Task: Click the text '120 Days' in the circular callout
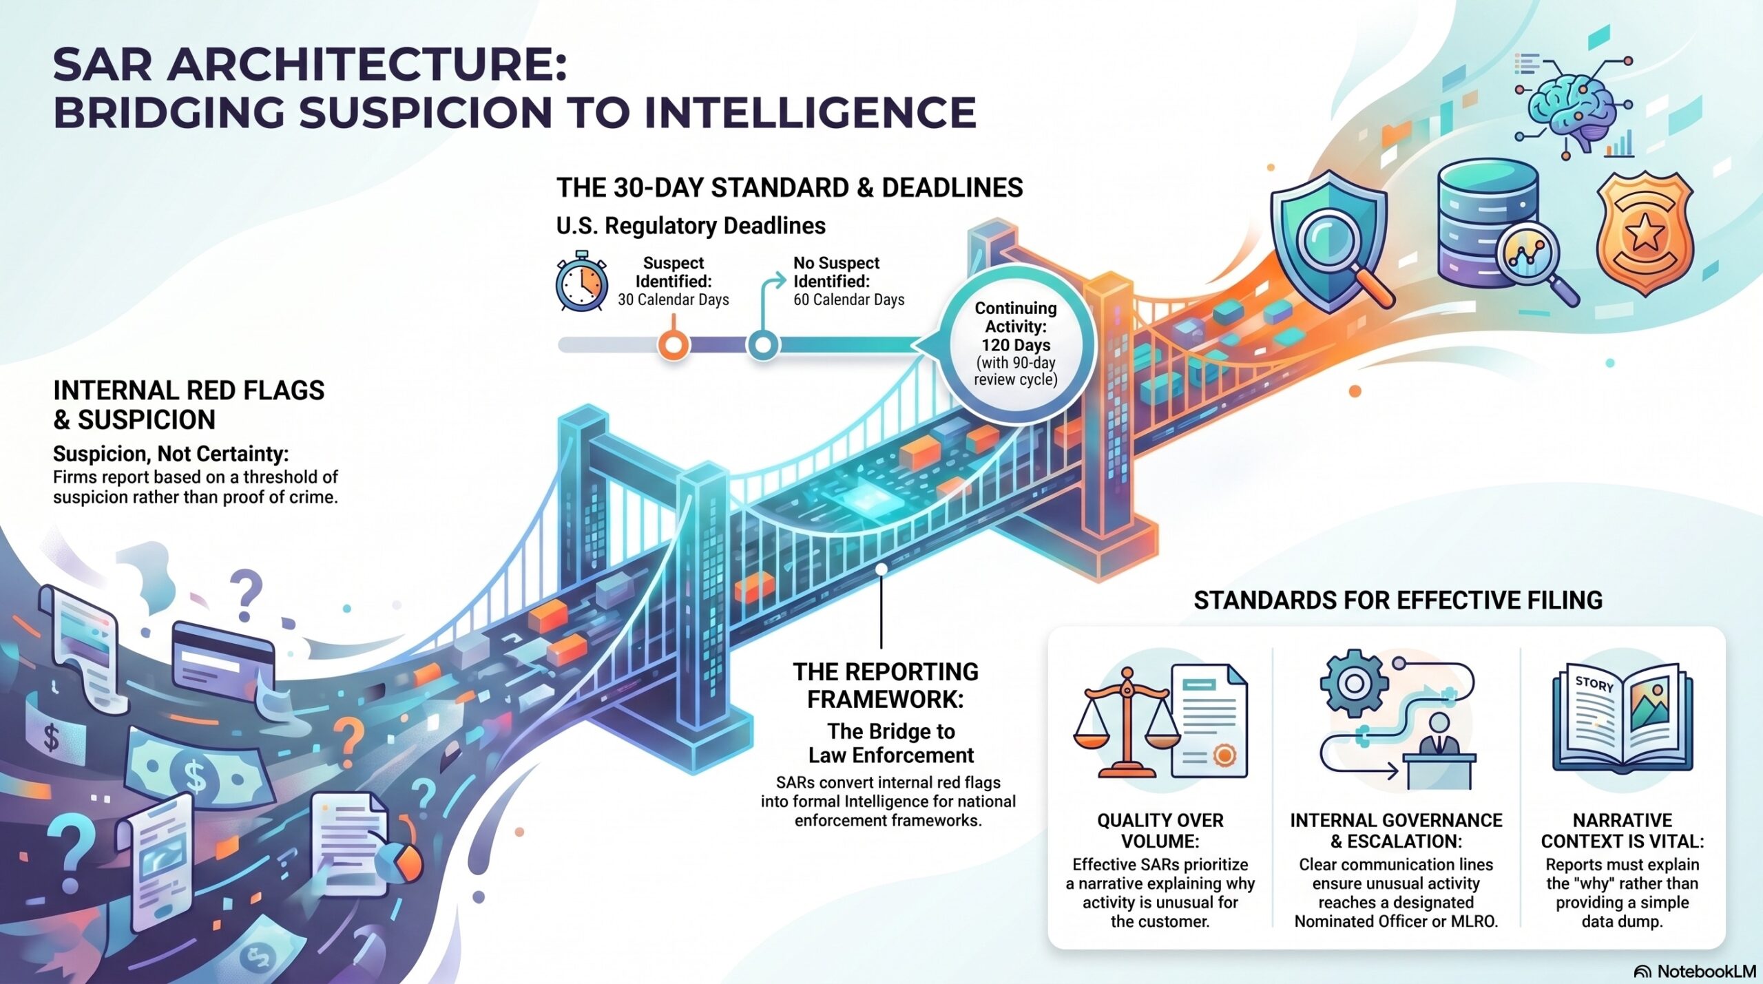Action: (x=1016, y=344)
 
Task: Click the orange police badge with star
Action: (x=1645, y=233)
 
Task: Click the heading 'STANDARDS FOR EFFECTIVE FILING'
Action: (x=1398, y=600)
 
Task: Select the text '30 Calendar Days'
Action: (x=674, y=300)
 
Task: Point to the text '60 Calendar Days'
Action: (x=849, y=300)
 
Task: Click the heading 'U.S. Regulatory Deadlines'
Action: (x=691, y=226)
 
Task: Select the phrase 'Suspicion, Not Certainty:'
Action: (x=171, y=454)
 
